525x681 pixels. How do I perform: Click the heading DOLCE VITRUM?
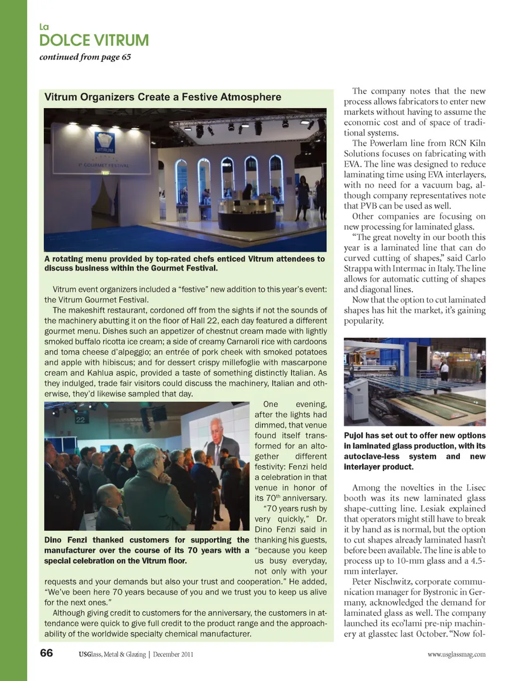pos(94,40)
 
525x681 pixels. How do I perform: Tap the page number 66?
pos(46,653)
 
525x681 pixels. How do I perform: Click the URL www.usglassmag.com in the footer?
pos(456,654)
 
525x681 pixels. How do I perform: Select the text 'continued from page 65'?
pos(85,57)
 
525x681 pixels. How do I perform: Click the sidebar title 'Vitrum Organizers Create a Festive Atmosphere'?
pos(162,97)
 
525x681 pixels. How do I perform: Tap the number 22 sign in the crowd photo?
pos(80,420)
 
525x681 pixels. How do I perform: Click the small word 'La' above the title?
pos(44,27)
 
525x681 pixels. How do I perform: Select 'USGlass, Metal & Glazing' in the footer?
pos(112,654)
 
